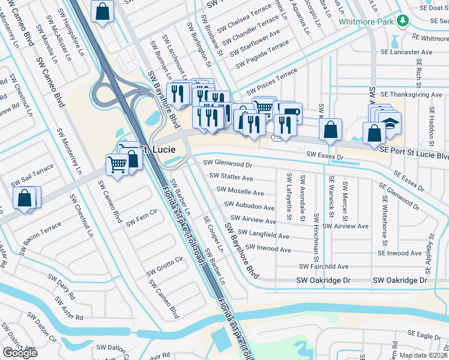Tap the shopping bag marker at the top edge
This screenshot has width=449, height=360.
[x=103, y=11]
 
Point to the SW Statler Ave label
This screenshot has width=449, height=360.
[x=231, y=178]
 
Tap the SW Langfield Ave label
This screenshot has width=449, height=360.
[x=264, y=234]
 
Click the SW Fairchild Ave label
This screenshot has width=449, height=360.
[x=324, y=266]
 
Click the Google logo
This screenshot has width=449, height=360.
[x=20, y=352]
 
